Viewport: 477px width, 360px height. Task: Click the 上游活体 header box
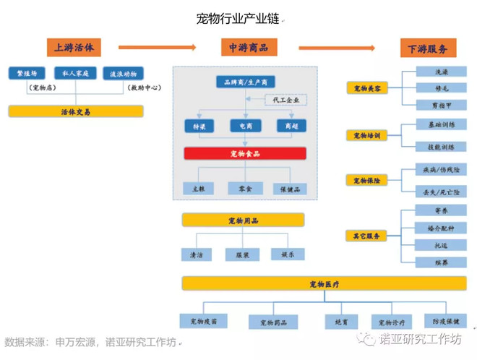[74, 48]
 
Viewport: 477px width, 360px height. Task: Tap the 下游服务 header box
[427, 48]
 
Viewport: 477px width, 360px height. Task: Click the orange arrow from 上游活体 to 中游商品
[157, 48]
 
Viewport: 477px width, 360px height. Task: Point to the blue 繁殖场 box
[27, 73]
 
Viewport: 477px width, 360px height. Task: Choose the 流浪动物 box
[123, 73]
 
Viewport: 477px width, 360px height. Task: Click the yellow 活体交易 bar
[76, 111]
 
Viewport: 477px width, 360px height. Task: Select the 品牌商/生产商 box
[245, 82]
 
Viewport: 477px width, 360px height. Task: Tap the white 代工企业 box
[285, 99]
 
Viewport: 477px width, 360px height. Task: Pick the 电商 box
[245, 126]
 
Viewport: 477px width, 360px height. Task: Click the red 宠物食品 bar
[245, 153]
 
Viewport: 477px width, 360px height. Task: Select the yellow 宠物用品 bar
[243, 220]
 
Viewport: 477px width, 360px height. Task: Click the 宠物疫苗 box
[203, 320]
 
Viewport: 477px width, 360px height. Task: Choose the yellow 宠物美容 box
[367, 88]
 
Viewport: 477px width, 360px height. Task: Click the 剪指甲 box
[441, 105]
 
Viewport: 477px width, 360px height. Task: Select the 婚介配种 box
[441, 228]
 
